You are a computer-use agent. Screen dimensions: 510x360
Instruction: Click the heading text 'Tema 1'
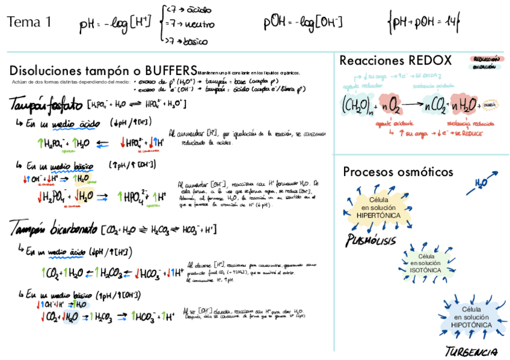click(29, 23)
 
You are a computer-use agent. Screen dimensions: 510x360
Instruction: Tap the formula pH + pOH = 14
click(423, 23)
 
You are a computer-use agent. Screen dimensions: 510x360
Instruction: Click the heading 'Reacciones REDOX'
click(395, 60)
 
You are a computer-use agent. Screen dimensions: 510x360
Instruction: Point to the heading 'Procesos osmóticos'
click(398, 172)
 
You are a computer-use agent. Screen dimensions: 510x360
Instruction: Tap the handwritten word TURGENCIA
click(471, 351)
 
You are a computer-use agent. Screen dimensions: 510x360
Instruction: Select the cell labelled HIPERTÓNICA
click(378, 207)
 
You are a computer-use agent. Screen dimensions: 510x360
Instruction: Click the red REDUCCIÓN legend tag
click(487, 59)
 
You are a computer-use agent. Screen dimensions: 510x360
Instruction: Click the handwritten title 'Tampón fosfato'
click(45, 105)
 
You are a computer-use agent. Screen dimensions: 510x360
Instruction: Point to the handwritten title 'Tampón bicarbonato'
click(54, 228)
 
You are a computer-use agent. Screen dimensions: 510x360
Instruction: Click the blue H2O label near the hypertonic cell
click(481, 182)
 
